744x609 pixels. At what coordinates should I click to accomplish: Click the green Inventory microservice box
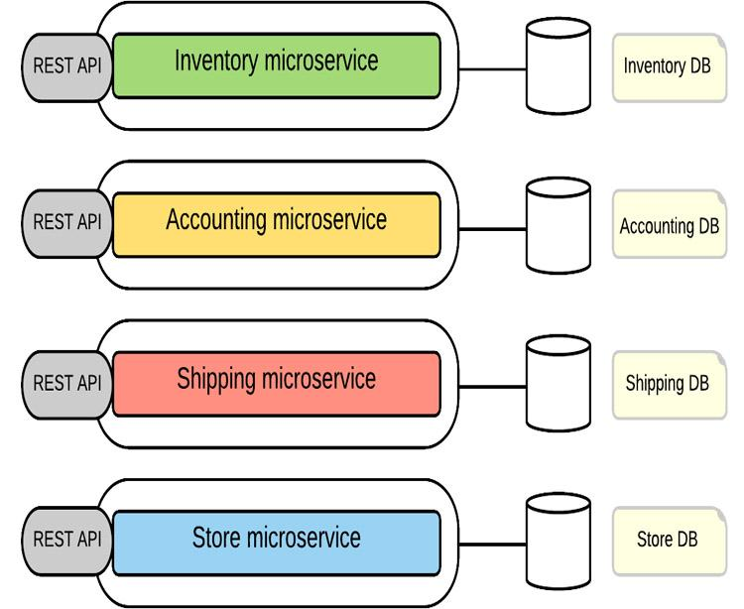point(276,65)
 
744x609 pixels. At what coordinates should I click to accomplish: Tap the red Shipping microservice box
point(276,383)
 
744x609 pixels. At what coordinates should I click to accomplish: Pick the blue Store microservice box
point(276,542)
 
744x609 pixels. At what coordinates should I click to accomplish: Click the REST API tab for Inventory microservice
point(65,66)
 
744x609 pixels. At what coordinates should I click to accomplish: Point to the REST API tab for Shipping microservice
point(65,383)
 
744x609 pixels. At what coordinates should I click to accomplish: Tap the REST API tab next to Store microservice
point(65,541)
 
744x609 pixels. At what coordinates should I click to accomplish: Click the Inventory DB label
point(667,67)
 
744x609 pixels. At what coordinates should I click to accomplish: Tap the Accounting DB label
point(668,226)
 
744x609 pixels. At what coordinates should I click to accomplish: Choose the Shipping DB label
point(667,383)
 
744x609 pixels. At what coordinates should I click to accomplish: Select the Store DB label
point(667,541)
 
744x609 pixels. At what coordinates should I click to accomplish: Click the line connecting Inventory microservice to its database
point(492,70)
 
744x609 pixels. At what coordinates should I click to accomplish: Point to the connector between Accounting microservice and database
point(492,229)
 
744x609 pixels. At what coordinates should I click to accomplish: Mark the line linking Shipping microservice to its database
point(492,387)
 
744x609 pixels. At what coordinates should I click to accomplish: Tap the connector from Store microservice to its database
point(492,546)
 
